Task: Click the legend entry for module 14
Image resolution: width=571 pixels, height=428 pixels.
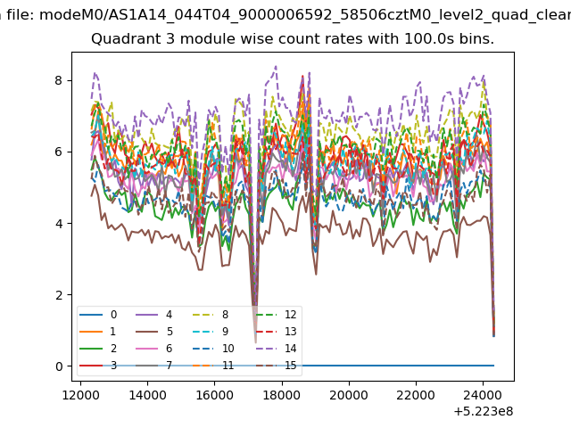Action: pyautogui.click(x=277, y=349)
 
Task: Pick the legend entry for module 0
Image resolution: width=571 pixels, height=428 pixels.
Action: pyautogui.click(x=98, y=315)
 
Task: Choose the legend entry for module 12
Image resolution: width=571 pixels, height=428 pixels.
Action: pyautogui.click(x=277, y=315)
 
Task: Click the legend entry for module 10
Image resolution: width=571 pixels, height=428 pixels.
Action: pyautogui.click(x=213, y=349)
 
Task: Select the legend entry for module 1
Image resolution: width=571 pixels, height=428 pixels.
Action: pyautogui.click(x=98, y=332)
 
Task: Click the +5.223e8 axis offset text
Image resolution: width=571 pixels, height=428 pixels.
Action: pyautogui.click(x=484, y=412)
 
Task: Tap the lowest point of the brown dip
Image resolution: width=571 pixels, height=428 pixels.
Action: pyautogui.click(x=256, y=342)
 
